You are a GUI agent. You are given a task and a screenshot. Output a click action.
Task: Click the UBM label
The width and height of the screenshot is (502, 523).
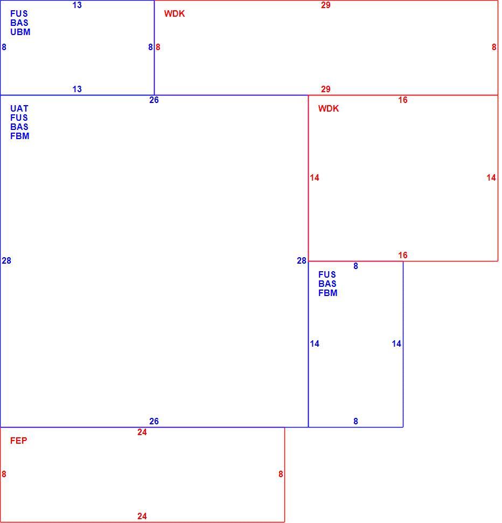[20, 32]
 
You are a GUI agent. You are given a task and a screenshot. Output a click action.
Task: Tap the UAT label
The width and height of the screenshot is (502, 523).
[19, 109]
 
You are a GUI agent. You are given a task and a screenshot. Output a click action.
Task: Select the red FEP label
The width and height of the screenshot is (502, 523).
[19, 441]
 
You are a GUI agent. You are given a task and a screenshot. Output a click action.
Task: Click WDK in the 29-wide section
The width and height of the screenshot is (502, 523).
[175, 13]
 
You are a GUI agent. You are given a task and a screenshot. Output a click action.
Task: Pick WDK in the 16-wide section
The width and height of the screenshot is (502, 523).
[329, 109]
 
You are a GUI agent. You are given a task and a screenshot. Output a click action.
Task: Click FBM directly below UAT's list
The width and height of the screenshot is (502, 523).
[19, 136]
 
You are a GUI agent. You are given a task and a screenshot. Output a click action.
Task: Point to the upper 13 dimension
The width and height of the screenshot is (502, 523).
[77, 5]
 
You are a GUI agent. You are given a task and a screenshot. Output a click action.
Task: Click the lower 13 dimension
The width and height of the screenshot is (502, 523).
[77, 90]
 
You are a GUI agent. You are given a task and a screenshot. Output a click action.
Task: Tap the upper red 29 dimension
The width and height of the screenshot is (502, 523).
[326, 5]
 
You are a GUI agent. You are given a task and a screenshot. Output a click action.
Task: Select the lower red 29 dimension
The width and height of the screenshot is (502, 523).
[326, 90]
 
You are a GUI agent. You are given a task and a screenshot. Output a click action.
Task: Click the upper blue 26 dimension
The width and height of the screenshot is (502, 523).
[154, 100]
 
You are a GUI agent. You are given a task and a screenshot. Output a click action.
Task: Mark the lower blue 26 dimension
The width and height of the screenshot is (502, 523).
[154, 421]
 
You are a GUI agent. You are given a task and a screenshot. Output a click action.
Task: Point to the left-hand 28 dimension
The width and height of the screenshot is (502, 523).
[6, 261]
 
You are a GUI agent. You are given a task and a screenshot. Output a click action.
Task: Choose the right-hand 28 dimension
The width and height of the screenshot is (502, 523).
[302, 261]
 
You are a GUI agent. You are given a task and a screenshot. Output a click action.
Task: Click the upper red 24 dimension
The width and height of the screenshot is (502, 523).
[142, 432]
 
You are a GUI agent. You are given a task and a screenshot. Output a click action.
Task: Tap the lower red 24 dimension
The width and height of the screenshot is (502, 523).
[142, 517]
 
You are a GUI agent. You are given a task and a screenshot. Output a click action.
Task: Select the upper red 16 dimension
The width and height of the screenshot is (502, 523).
[403, 100]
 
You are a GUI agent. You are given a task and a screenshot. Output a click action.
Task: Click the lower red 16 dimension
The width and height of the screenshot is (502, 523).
[403, 256]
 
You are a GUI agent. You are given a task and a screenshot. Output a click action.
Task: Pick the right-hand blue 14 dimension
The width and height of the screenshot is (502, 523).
[396, 344]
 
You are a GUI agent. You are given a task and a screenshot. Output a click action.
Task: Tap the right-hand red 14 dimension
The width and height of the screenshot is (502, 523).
[491, 178]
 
